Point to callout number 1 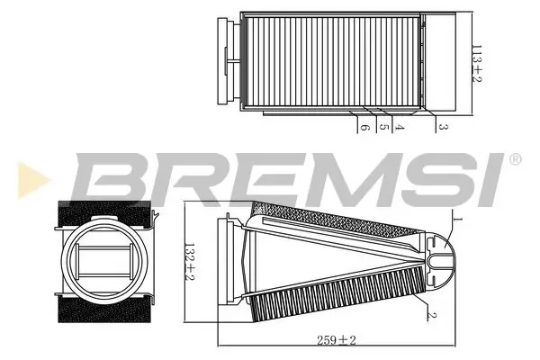(457, 219)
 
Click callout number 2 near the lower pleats (433, 314)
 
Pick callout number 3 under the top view (444, 129)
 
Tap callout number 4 (400, 129)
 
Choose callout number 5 (382, 129)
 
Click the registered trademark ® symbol (515, 160)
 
